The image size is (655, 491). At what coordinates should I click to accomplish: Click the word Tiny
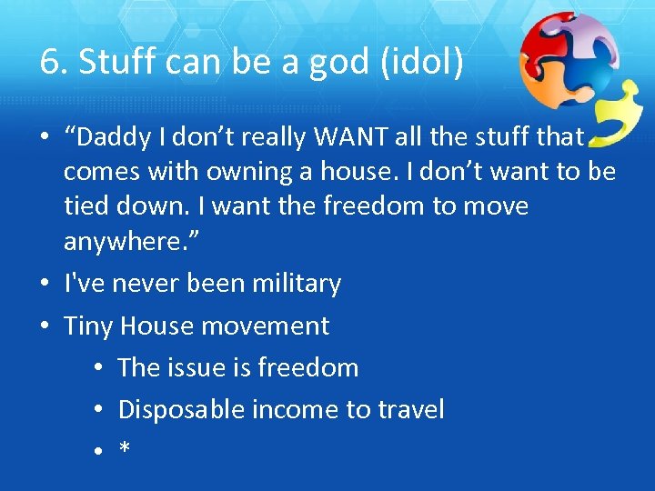pyautogui.click(x=89, y=326)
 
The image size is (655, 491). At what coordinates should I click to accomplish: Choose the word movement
pyautogui.click(x=269, y=326)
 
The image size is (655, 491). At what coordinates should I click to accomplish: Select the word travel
pyautogui.click(x=410, y=409)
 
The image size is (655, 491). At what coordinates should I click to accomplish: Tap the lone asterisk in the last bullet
pyautogui.click(x=124, y=449)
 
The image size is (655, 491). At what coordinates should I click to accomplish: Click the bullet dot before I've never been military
pyautogui.click(x=45, y=285)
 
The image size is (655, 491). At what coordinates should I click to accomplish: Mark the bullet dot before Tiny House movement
pyautogui.click(x=45, y=326)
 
